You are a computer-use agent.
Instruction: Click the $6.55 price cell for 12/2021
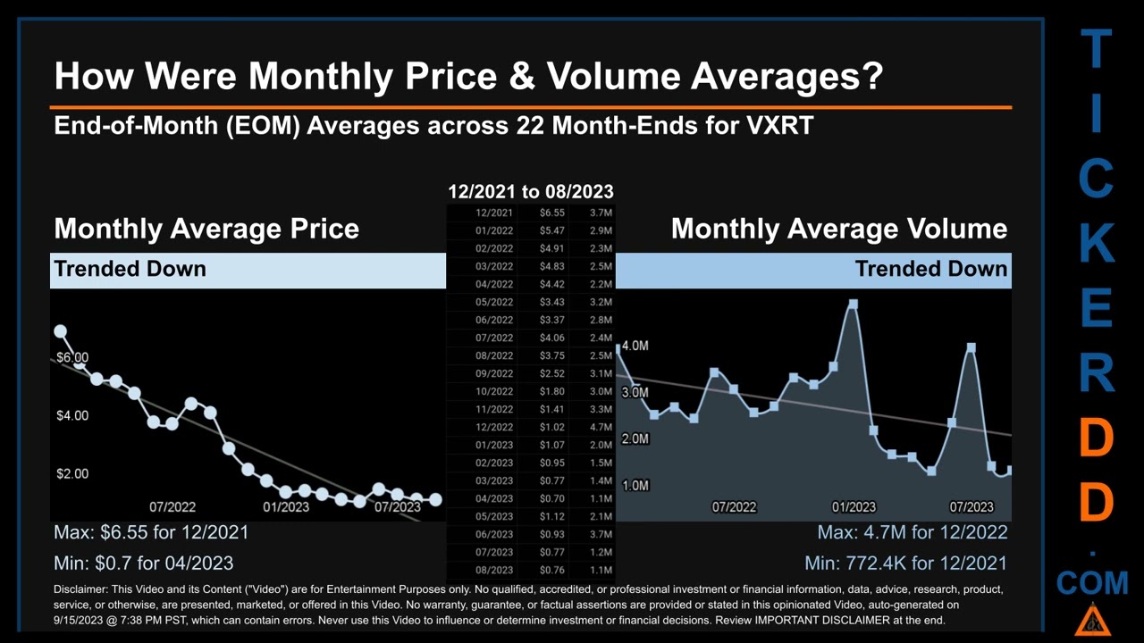pos(551,213)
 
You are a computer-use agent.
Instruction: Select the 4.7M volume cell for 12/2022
pos(601,427)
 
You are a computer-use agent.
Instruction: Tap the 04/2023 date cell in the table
pos(494,498)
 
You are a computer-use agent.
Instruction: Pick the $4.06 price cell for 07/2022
pos(551,338)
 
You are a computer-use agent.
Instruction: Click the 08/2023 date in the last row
pos(494,570)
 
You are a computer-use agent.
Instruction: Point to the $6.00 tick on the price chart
pos(72,357)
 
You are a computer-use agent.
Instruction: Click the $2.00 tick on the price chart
pos(72,473)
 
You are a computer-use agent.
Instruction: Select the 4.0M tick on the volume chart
pos(635,346)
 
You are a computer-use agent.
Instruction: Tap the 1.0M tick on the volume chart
pos(635,486)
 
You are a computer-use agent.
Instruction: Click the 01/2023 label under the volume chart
pos(854,507)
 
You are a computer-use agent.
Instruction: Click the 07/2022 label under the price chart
pos(172,507)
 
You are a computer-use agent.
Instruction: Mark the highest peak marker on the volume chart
pos(854,305)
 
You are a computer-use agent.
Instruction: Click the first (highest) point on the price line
pos(60,331)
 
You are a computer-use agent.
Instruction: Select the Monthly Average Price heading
pos(206,229)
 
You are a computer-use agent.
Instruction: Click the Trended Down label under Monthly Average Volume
pos(930,269)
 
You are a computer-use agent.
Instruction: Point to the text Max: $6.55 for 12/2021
pos(151,533)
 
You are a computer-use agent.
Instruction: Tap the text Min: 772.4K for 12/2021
pos(904,564)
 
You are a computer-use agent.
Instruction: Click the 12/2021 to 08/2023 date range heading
pos(531,191)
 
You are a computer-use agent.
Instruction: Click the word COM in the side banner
pos(1092,584)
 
